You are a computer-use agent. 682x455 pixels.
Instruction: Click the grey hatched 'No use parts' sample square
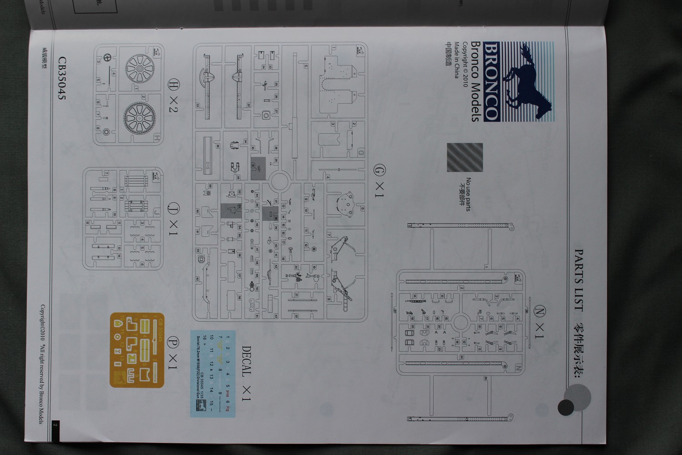pyautogui.click(x=465, y=158)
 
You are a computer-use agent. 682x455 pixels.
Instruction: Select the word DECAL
pyautogui.click(x=246, y=362)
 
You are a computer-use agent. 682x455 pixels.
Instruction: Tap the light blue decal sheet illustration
pyautogui.click(x=216, y=373)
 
